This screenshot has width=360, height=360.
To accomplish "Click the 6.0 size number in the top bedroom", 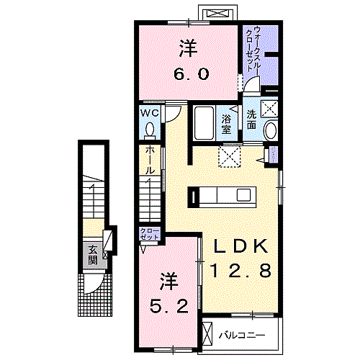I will click(189, 74).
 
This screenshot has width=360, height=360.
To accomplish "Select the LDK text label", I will click(240, 247).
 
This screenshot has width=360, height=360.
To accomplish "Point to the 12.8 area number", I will click(240, 271).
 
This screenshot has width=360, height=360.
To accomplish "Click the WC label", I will click(149, 114).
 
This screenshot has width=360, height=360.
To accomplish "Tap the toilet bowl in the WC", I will click(149, 130).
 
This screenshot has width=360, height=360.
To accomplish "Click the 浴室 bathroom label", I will click(226, 124).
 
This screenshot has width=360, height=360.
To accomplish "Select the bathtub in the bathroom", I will click(204, 125).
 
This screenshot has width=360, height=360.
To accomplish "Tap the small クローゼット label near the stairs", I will click(149, 233).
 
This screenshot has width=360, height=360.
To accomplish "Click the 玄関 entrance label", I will click(94, 256).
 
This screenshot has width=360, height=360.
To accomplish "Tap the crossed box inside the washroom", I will click(271, 109).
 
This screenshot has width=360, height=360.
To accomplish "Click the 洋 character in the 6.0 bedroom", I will click(189, 48).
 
